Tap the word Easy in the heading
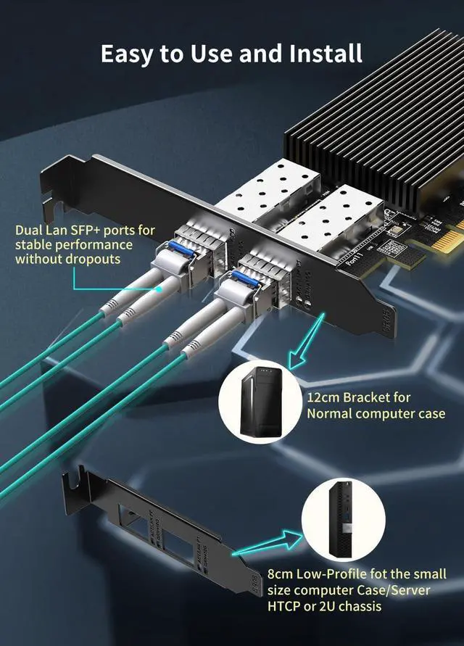128,53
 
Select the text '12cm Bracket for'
359,397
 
